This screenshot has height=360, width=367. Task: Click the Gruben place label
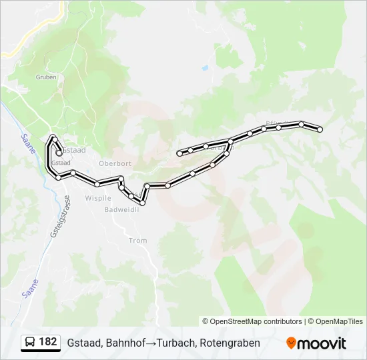tap(45, 77)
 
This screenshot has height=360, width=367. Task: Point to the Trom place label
tap(137, 241)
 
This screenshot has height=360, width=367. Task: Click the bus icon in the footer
tap(30, 343)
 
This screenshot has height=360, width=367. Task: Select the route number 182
tap(48, 342)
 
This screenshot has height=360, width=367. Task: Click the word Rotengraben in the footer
tap(230, 343)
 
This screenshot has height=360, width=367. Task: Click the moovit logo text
tap(322, 343)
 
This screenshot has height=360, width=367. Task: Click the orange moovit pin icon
tap(291, 343)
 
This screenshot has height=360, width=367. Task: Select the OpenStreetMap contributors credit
tap(252, 321)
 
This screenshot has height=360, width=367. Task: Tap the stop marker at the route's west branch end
tap(179, 154)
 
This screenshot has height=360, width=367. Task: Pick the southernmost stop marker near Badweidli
tap(142, 203)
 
